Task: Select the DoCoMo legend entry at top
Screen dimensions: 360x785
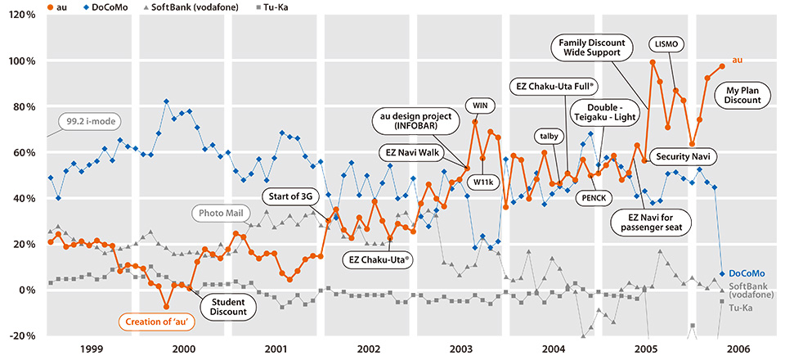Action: coord(59,7)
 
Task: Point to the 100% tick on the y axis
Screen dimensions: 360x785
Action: coord(18,61)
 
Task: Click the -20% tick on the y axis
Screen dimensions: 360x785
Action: coord(18,335)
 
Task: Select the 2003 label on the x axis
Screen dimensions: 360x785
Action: coord(462,347)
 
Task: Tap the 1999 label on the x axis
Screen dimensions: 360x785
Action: coord(92,347)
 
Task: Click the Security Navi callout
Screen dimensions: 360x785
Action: coord(681,155)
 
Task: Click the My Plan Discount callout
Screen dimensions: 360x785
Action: coord(742,94)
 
